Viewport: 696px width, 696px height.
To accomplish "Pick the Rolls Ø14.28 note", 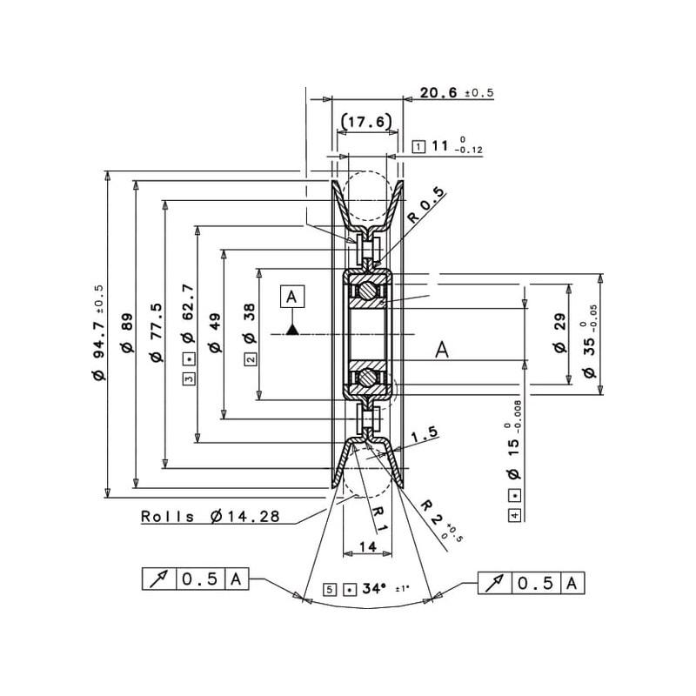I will tap(211, 517).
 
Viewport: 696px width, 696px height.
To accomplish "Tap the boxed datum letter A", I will tap(292, 296).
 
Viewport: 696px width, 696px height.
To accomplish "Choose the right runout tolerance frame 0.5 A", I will tap(532, 582).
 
